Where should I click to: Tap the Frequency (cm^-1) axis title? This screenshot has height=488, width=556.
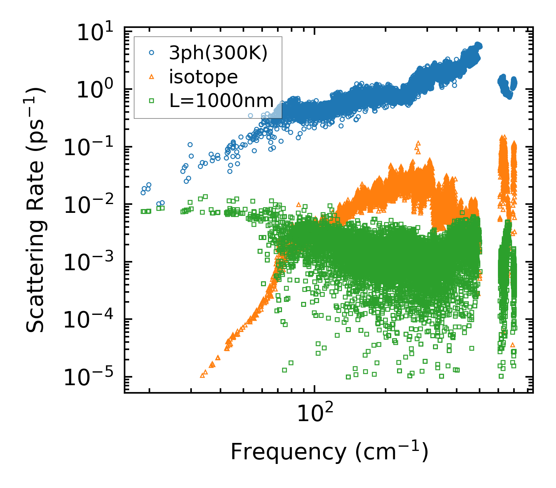tap(329, 452)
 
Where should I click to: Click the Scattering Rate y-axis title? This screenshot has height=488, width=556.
tap(36, 210)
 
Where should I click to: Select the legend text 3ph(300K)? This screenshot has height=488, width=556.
tap(218, 54)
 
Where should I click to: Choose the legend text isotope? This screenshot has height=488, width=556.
tap(203, 77)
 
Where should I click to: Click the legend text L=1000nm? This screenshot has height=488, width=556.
tap(221, 101)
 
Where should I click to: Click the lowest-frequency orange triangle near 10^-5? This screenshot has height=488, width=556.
tap(203, 375)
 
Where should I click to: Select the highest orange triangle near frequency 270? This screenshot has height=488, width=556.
tap(418, 143)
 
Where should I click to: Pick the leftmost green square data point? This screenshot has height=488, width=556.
tap(143, 211)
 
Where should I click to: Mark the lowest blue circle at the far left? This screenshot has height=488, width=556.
tap(143, 193)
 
